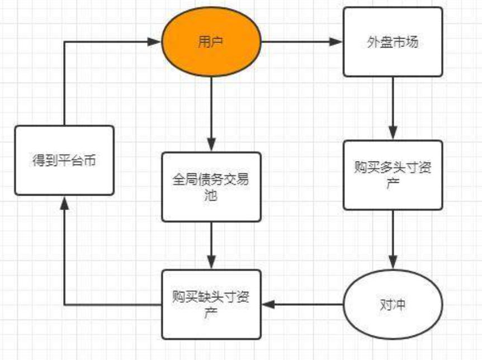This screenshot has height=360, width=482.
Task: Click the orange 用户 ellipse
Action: (211, 42)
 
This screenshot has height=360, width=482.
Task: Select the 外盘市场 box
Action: (393, 42)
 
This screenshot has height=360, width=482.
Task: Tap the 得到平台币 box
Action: (64, 160)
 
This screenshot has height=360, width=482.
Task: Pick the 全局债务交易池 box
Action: (211, 187)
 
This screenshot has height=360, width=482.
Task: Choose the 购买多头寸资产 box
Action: (393, 175)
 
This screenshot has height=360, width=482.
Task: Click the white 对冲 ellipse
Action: (393, 305)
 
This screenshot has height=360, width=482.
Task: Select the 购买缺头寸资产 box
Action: (211, 305)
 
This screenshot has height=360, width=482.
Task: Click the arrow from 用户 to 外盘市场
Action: (302, 42)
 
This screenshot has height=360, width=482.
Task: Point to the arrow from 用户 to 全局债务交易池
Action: (211, 115)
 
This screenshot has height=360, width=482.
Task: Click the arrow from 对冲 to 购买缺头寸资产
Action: (302, 305)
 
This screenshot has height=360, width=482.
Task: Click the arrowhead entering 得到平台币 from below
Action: (64, 203)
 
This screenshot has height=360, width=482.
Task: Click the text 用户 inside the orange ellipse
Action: (211, 42)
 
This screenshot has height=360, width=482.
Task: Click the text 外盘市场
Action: (393, 42)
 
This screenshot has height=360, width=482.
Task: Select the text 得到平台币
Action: (64, 161)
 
